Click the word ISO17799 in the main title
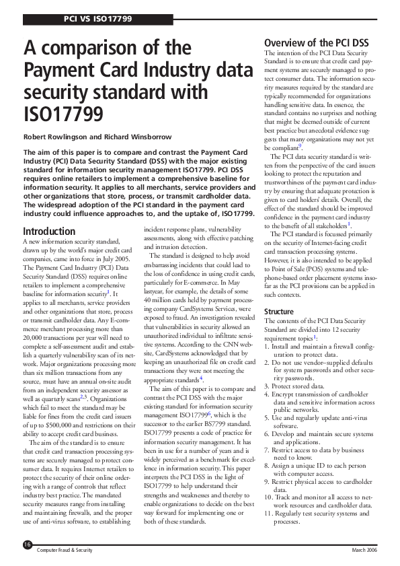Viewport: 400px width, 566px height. point(64,114)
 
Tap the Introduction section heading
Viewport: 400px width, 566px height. point(49,232)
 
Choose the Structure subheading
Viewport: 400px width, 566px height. point(279,312)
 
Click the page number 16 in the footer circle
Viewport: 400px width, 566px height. point(28,544)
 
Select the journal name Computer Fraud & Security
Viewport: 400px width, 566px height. point(64,550)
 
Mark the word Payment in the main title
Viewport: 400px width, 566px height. point(58,70)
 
